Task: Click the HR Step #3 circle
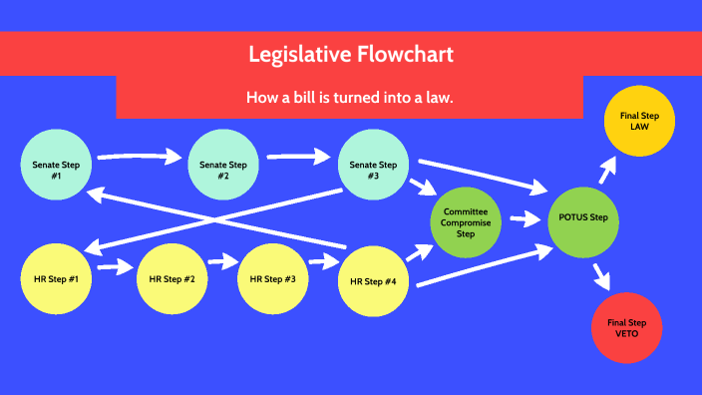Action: [x=273, y=278]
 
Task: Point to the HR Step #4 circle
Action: [x=374, y=282]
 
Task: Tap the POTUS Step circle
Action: [x=584, y=218]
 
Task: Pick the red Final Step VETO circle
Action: [x=627, y=328]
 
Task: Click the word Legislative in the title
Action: [x=298, y=55]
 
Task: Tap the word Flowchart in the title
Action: [x=405, y=55]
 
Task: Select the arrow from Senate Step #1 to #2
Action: [x=140, y=156]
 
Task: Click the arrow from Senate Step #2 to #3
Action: [x=299, y=156]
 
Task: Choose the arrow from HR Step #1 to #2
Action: [x=116, y=267]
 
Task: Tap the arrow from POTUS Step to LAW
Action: [x=606, y=171]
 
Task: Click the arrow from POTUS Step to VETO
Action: [x=601, y=274]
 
